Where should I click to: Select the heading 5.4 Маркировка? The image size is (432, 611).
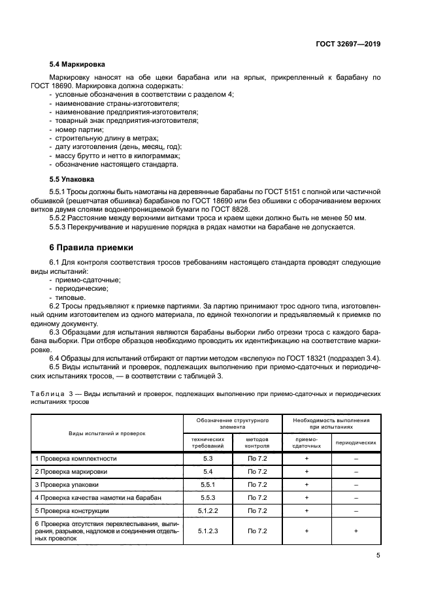77,66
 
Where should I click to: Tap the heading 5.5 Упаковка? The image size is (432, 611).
73,178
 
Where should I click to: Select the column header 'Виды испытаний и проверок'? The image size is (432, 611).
108,433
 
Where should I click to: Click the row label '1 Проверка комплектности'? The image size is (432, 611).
76,459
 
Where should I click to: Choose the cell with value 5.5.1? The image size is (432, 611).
208,485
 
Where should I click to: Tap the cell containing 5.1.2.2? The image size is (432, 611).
208,510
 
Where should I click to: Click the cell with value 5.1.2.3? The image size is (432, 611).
208,531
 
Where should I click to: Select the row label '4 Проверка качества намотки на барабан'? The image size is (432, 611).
98,497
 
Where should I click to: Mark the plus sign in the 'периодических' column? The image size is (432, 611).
356,531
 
